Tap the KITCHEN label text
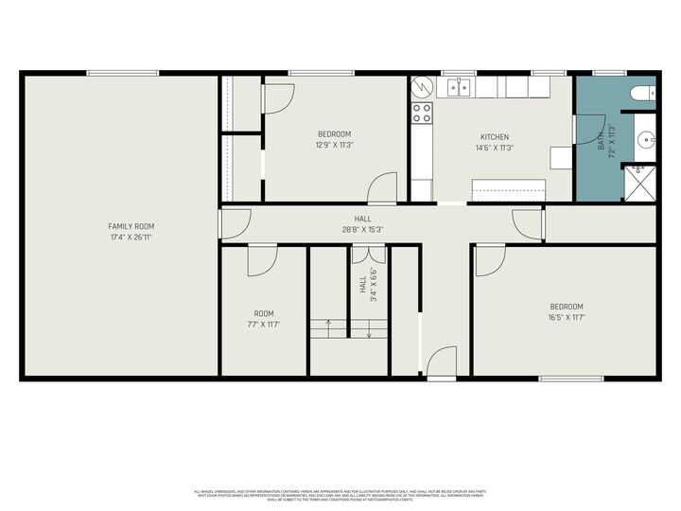pyautogui.click(x=495, y=136)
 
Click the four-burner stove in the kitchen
pyautogui.click(x=421, y=114)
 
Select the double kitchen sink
pyautogui.click(x=459, y=88)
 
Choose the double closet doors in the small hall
pyautogui.click(x=368, y=254)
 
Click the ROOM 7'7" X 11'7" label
pyautogui.click(x=264, y=319)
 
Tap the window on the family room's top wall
pyautogui.click(x=123, y=73)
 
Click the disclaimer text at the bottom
pyautogui.click(x=340, y=494)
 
